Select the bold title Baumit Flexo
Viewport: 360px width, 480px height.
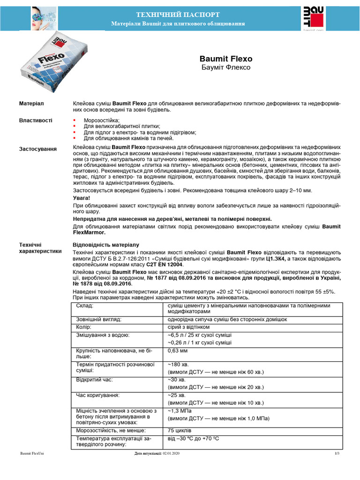click(226, 59)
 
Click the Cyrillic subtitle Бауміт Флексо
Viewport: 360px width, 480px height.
click(226, 68)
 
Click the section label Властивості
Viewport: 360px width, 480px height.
click(36, 120)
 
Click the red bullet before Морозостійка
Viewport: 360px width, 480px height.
click(75, 121)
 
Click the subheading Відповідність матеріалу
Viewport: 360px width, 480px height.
click(106, 245)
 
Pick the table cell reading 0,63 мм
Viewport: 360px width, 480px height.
click(178, 350)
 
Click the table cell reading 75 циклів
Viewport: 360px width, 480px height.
click(180, 430)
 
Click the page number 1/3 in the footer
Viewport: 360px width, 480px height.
click(337, 454)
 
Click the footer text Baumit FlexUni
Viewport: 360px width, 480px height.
click(32, 454)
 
